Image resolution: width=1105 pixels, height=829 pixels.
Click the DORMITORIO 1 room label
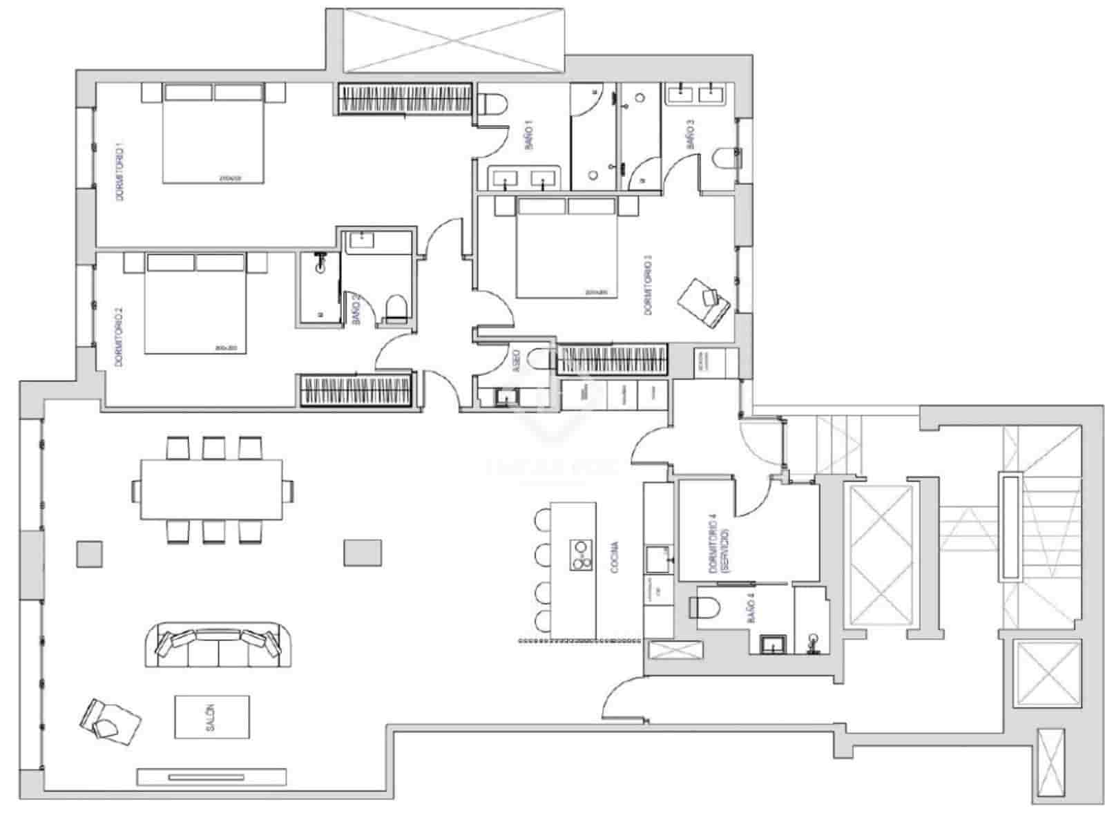(119, 172)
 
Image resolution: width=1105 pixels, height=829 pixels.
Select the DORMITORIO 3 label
(648, 285)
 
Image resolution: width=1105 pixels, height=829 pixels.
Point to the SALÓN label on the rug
(211, 717)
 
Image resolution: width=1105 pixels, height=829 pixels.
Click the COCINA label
(614, 558)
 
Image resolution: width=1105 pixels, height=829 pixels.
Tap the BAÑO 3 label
(690, 135)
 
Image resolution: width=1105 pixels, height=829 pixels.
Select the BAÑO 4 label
(751, 611)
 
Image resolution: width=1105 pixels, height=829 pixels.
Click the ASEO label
(517, 363)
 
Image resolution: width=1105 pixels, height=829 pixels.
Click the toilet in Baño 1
(494, 104)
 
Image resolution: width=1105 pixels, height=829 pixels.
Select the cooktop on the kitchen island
(582, 555)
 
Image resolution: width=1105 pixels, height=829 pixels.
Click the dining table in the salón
(211, 489)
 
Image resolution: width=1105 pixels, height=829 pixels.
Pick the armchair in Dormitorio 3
(704, 303)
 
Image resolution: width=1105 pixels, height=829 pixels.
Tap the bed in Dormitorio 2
(196, 304)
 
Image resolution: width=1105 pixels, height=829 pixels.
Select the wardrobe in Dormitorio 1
(405, 99)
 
